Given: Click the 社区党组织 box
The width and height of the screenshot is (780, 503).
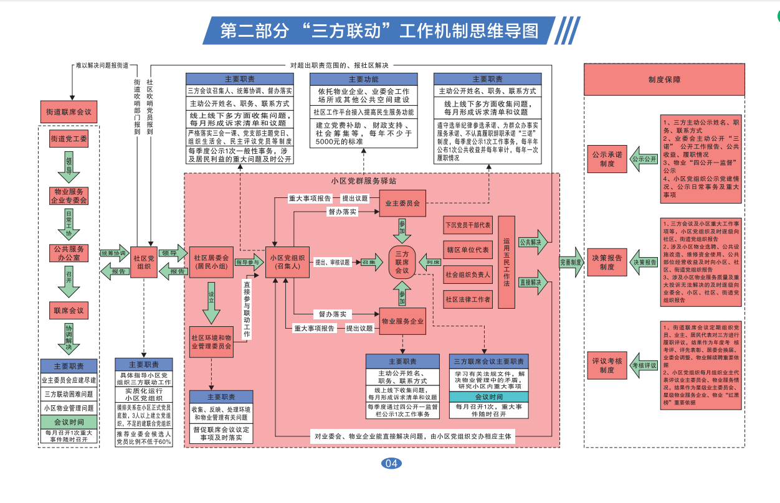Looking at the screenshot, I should (x=144, y=263).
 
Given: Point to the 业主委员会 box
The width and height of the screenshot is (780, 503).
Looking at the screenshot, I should (x=402, y=203).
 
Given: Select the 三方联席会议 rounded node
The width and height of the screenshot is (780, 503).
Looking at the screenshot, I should (x=402, y=262).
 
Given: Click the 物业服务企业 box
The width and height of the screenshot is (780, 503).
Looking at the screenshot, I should (x=402, y=321).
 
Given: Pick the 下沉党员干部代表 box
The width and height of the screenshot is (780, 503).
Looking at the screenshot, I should (x=467, y=225).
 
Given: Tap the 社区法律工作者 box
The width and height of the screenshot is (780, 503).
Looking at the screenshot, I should (x=467, y=299).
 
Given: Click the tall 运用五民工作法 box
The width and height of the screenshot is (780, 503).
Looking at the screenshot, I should (x=507, y=262).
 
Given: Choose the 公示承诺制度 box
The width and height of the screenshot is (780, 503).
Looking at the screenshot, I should (x=607, y=159).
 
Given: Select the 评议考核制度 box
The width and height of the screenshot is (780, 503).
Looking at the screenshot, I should (x=607, y=365).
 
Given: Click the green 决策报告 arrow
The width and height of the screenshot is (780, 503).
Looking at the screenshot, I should (x=645, y=262).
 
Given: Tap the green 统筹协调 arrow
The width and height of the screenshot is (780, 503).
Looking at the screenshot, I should (x=113, y=254).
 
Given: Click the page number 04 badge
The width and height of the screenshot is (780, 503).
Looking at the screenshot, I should (x=391, y=463).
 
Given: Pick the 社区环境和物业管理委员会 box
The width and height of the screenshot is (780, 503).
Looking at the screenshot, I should (x=211, y=341).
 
